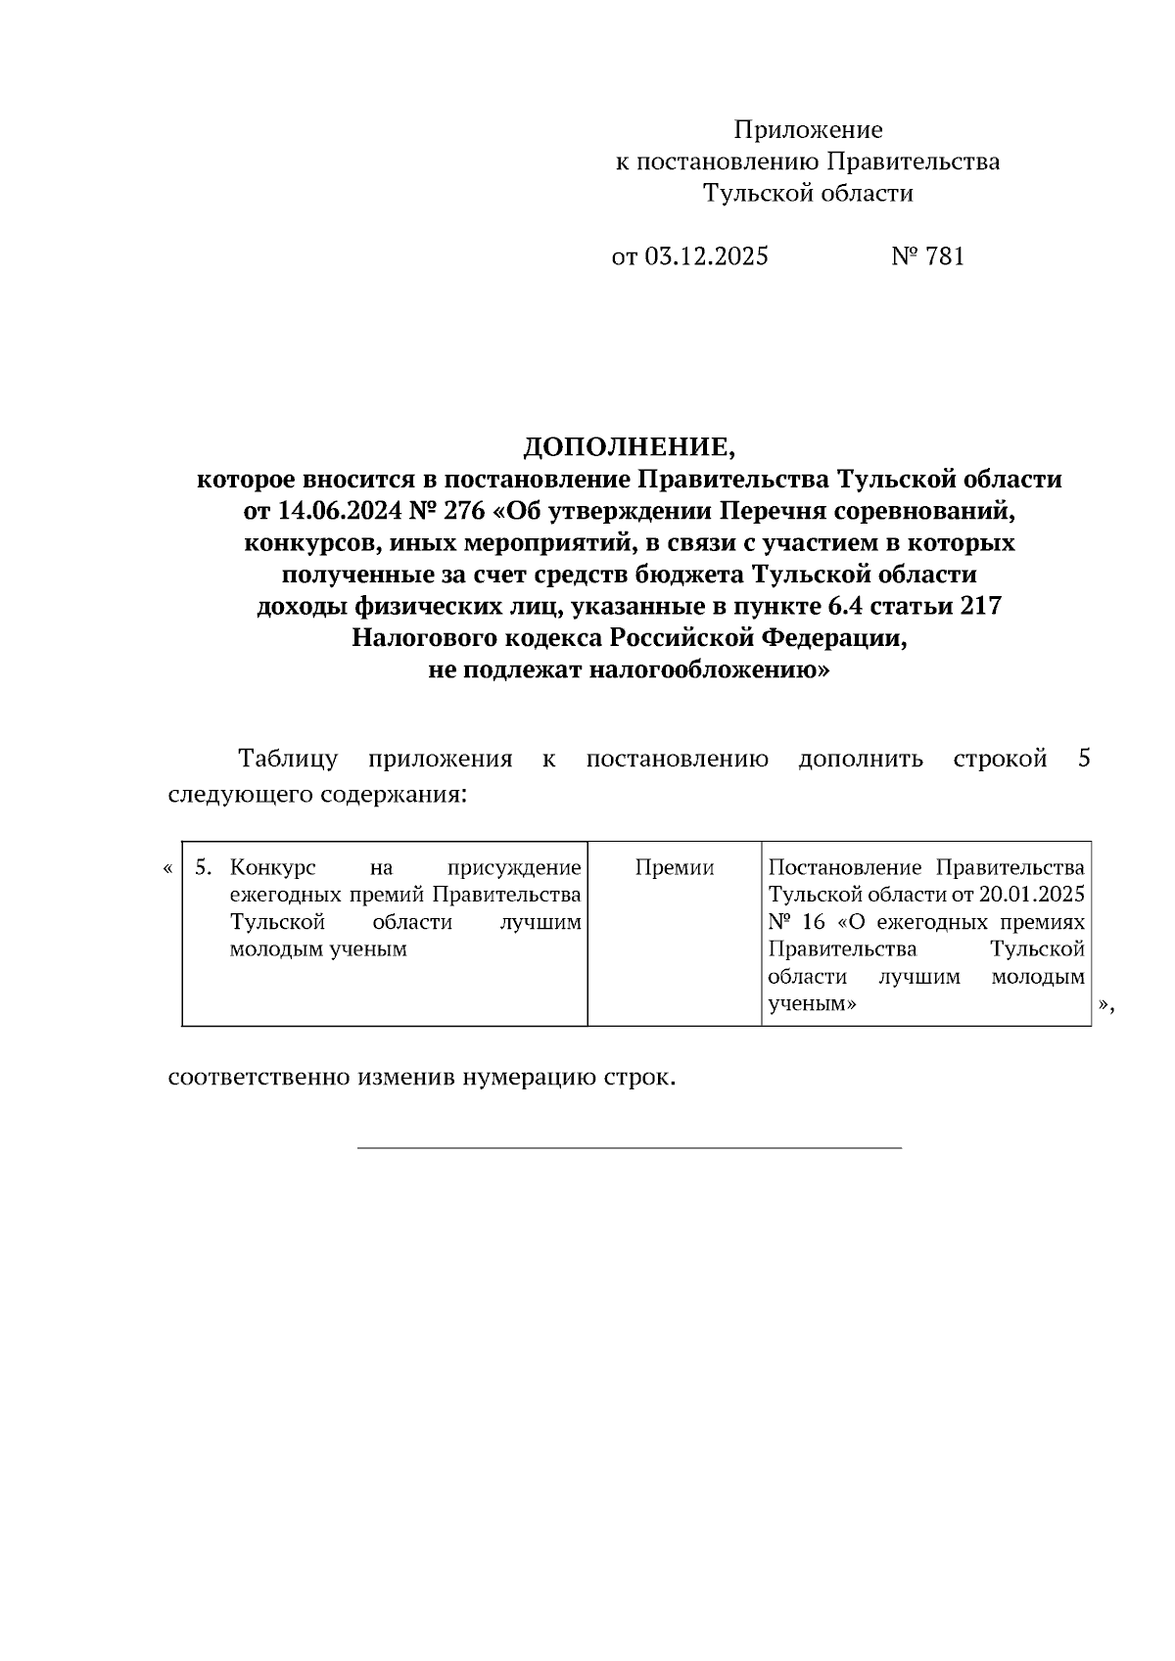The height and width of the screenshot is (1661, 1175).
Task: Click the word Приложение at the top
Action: click(x=808, y=130)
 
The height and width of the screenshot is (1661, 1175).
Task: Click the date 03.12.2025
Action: click(x=706, y=256)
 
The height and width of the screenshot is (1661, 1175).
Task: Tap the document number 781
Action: click(x=943, y=256)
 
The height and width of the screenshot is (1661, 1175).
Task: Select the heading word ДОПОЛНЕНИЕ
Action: click(x=628, y=448)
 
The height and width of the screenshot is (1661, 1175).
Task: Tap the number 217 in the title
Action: click(x=981, y=606)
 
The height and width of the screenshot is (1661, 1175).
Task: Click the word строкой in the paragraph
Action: click(x=1000, y=760)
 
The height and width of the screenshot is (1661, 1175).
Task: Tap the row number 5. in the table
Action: click(x=203, y=868)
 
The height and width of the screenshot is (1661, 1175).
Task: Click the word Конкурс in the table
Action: click(x=271, y=868)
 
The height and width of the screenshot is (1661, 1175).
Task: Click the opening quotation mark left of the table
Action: click(x=169, y=868)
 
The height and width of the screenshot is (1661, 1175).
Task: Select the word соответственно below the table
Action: click(x=259, y=1079)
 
